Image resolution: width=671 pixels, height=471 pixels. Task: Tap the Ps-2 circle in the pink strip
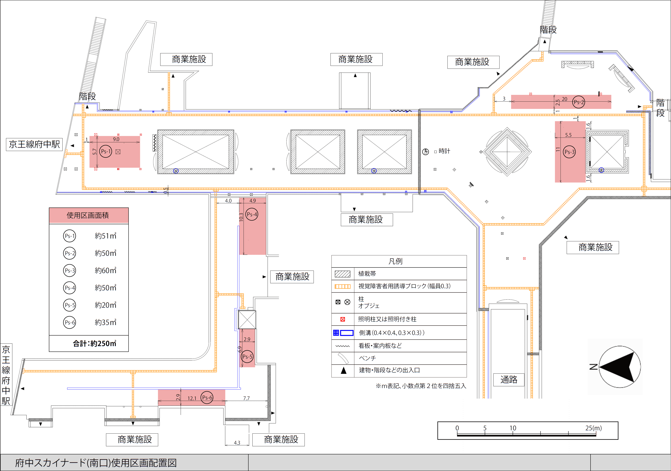coord(578,102)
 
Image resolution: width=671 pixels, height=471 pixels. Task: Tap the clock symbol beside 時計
coord(426,152)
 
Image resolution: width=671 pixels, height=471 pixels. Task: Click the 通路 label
coord(509,380)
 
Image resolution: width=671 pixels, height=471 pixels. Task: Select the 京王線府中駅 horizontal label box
coord(34,144)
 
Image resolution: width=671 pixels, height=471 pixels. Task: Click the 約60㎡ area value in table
coord(105,271)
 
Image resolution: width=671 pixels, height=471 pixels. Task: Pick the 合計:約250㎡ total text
coord(94,344)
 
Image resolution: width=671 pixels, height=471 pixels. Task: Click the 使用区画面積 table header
coord(88,215)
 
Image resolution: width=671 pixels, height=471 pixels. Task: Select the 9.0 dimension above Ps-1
coord(116,139)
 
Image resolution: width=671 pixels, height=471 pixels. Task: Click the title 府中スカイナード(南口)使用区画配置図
coord(96,463)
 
